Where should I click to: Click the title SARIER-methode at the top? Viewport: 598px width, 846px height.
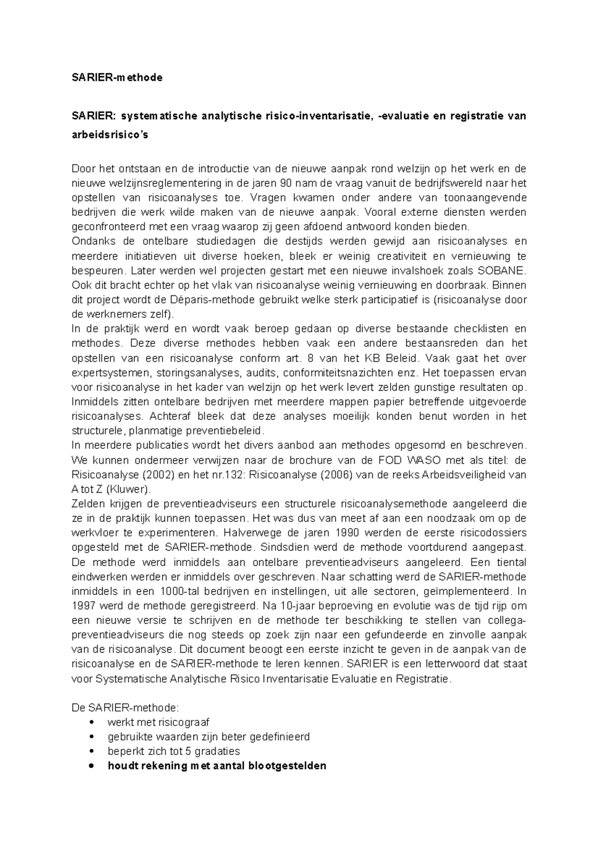(117, 78)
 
